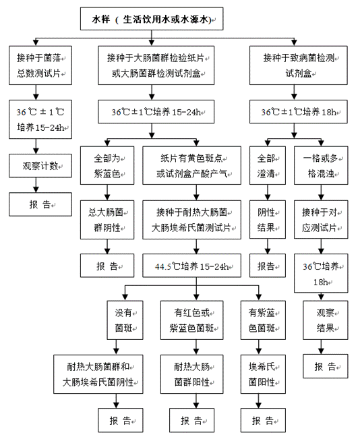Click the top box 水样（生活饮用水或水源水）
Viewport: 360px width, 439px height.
pos(152,19)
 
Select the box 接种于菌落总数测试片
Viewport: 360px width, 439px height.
pos(40,65)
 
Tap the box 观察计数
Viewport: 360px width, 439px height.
pos(40,166)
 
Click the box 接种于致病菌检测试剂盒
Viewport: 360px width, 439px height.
pos(299,65)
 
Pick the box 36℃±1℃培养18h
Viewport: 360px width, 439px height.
pos(299,112)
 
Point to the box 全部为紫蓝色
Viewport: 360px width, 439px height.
pos(107,165)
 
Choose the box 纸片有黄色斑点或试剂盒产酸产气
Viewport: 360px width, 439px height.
pos(191,165)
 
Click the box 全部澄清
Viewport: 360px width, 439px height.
pos(268,165)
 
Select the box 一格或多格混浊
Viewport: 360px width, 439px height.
pos(321,165)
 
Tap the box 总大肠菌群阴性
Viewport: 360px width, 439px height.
pos(107,220)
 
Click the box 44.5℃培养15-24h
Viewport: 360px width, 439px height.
pos(191,266)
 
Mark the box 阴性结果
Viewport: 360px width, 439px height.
pos(268,220)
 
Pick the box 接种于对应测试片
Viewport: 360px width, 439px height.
pos(321,220)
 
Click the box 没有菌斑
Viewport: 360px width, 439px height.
pos(125,320)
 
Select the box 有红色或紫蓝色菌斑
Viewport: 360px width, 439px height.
pos(191,320)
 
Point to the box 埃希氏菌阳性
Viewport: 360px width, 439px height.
pos(263,374)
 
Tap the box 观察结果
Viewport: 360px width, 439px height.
pos(326,320)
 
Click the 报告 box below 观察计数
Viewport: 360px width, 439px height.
pos(40,204)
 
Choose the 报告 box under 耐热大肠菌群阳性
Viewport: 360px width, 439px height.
pos(191,420)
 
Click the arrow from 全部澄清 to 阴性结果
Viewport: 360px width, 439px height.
pos(268,193)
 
